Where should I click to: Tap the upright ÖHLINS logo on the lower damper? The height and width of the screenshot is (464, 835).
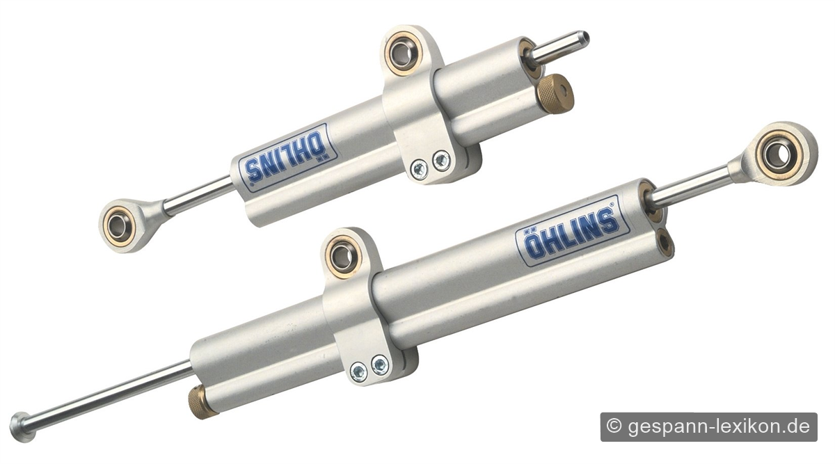tap(572, 231)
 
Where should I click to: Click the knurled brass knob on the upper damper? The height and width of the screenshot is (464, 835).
tap(555, 93)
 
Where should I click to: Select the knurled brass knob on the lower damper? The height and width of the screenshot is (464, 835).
tap(202, 402)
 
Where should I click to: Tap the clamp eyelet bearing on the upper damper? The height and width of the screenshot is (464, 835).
tap(404, 54)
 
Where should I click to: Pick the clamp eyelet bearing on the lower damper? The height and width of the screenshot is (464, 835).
tap(342, 256)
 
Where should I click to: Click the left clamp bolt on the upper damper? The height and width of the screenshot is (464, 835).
tap(420, 170)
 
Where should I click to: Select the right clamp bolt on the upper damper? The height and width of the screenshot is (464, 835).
tap(441, 161)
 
